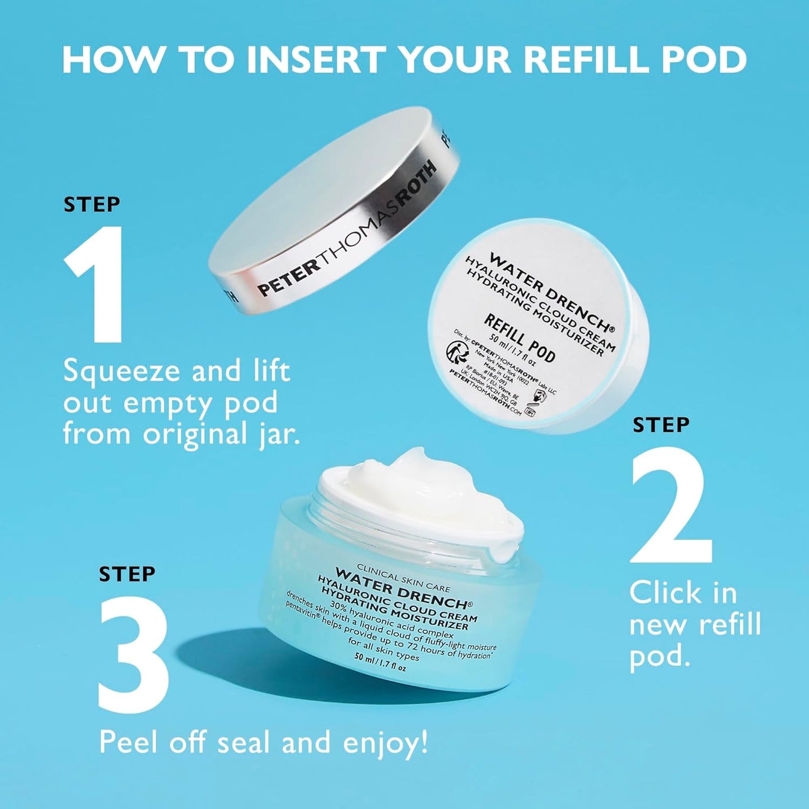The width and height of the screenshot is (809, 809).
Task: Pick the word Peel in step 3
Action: [129, 743]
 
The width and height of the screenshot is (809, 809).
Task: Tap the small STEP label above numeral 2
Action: [661, 425]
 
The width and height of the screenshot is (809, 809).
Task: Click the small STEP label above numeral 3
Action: [127, 574]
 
